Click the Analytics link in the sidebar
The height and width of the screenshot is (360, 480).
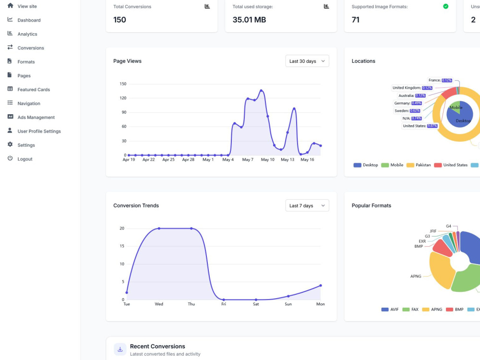(x=27, y=34)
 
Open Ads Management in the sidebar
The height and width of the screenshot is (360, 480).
(x=36, y=117)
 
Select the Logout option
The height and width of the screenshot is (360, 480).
(x=25, y=159)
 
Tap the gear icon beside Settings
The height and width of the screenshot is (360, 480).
(x=10, y=144)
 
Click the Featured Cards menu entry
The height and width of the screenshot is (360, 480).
(x=34, y=89)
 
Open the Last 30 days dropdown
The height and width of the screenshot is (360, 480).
(x=307, y=61)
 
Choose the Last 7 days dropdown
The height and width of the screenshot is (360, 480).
(x=307, y=205)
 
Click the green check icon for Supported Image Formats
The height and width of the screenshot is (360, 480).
(x=446, y=6)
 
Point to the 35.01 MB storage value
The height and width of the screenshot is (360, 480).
(x=249, y=20)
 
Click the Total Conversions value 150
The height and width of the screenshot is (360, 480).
(x=120, y=20)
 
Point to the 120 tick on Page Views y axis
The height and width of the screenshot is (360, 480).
(x=123, y=98)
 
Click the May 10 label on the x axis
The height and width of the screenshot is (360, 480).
(x=267, y=159)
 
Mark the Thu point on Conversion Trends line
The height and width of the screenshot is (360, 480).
(x=192, y=228)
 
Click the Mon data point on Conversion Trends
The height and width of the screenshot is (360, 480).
(x=321, y=285)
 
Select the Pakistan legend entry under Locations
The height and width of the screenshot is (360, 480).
(x=419, y=165)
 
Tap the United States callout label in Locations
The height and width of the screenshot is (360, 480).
(x=420, y=126)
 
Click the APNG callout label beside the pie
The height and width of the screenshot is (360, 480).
(x=416, y=276)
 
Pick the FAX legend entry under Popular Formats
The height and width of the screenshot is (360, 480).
(x=410, y=310)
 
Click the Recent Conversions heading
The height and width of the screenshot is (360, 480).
(x=157, y=346)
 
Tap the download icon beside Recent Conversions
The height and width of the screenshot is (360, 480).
(x=120, y=349)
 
